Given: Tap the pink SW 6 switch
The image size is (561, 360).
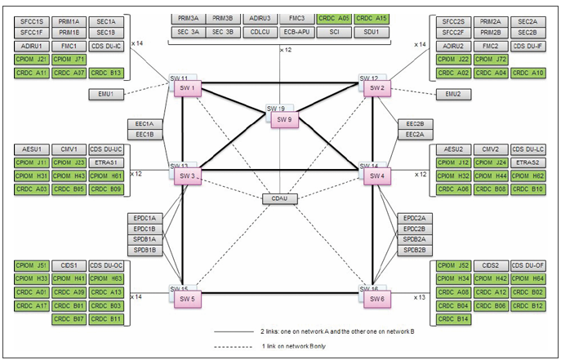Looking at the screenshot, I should (376, 300).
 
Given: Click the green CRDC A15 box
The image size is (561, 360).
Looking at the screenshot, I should (372, 18).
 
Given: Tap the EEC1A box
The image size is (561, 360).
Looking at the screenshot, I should (145, 124).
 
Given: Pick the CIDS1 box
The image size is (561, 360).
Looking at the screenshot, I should (69, 265).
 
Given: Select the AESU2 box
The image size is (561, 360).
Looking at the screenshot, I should (454, 149).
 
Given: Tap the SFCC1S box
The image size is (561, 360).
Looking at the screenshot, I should (31, 20).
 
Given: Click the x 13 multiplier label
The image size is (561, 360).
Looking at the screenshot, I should (421, 297).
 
